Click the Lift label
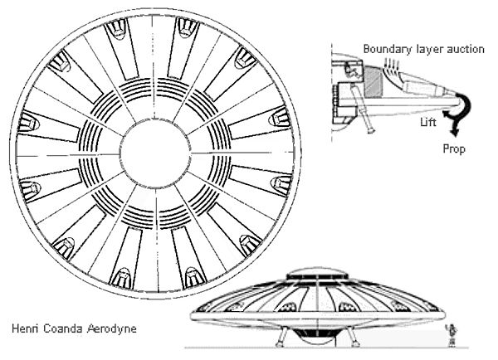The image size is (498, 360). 428,122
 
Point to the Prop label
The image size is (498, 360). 454,148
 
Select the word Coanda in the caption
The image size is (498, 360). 63,328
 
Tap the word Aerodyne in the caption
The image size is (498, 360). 112,328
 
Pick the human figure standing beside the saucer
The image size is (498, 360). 452,335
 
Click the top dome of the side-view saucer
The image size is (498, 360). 317,274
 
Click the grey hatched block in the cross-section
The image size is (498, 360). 373,82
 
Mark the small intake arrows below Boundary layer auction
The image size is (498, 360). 391,64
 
